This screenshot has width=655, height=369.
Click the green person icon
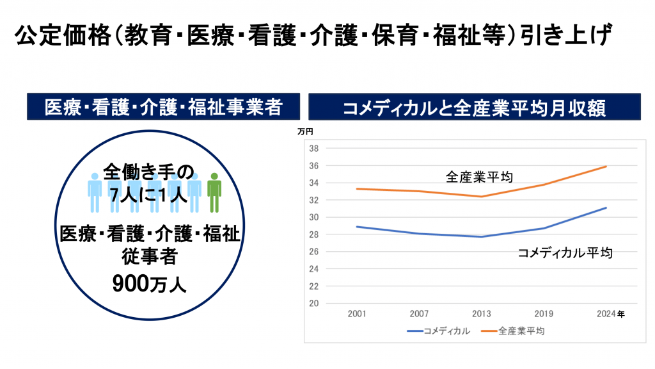tap(214, 192)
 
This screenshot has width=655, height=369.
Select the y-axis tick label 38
tap(314, 149)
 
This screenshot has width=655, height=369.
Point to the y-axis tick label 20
tap(314, 304)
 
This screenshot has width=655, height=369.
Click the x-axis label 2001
tap(357, 315)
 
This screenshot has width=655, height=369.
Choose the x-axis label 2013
tap(481, 315)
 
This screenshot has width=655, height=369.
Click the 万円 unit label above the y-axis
tap(305, 132)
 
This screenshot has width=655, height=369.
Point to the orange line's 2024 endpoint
tap(606, 167)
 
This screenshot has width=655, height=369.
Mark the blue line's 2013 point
tap(481, 237)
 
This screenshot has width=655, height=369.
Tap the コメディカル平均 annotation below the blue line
tap(565, 253)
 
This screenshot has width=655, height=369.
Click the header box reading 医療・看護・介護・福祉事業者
tap(163, 107)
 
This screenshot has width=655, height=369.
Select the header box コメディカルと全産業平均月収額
tap(474, 107)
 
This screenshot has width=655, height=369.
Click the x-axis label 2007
tap(419, 315)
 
